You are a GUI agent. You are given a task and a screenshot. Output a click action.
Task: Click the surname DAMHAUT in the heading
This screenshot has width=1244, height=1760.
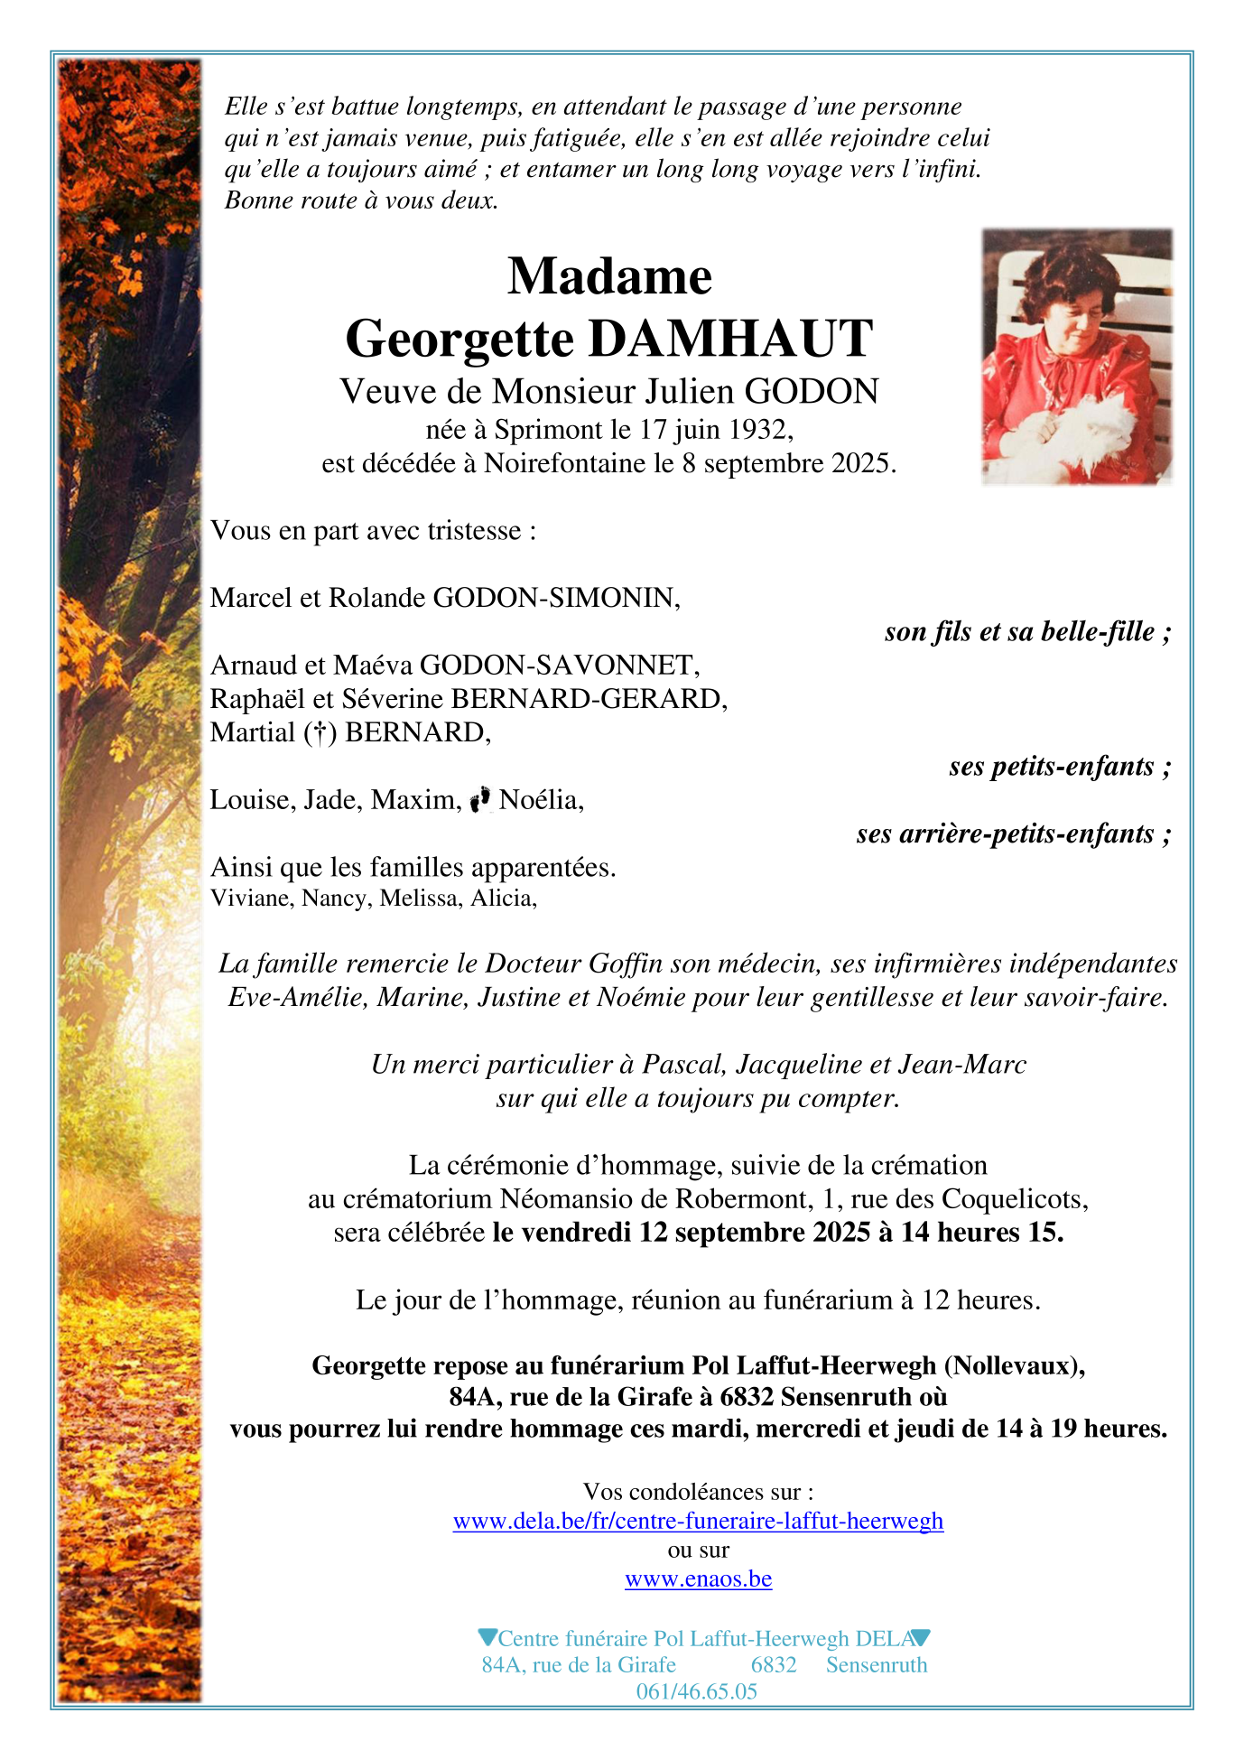731,339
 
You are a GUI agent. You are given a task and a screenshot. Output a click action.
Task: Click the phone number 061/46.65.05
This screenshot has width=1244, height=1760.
696,1691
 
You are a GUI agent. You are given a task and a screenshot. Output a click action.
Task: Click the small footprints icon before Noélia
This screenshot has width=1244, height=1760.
481,799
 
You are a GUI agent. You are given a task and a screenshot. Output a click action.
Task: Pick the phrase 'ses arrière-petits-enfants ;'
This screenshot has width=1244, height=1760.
1013,833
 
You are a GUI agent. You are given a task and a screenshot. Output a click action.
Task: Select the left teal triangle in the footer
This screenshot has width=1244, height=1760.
487,1636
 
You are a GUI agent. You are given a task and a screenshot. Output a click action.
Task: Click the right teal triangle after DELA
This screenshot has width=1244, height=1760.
921,1636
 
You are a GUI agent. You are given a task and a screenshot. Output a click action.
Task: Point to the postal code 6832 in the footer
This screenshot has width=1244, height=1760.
774,1664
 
